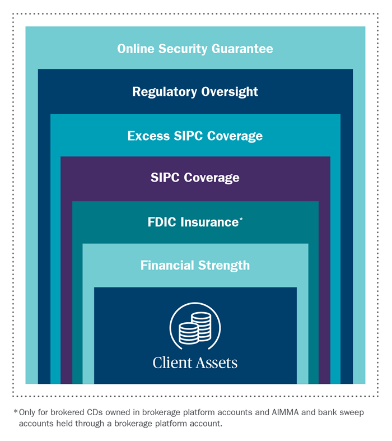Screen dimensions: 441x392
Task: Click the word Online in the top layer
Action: [134, 49]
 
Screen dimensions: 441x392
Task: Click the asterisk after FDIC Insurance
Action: [241, 220]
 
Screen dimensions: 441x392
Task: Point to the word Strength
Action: [226, 265]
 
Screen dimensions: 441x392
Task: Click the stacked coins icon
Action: [195, 328]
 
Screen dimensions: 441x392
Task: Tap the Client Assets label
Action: [195, 363]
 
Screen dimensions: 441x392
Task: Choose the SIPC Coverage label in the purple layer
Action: [195, 178]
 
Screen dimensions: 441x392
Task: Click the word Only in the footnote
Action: [27, 413]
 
